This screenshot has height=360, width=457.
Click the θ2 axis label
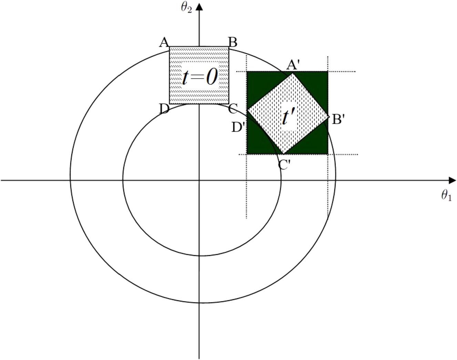[186, 8]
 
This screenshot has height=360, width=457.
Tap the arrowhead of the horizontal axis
[452, 180]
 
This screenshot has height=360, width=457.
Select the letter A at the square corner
[164, 42]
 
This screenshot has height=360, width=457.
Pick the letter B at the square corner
[233, 42]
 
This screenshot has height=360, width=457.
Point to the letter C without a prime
[233, 109]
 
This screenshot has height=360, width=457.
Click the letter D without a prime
[164, 109]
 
